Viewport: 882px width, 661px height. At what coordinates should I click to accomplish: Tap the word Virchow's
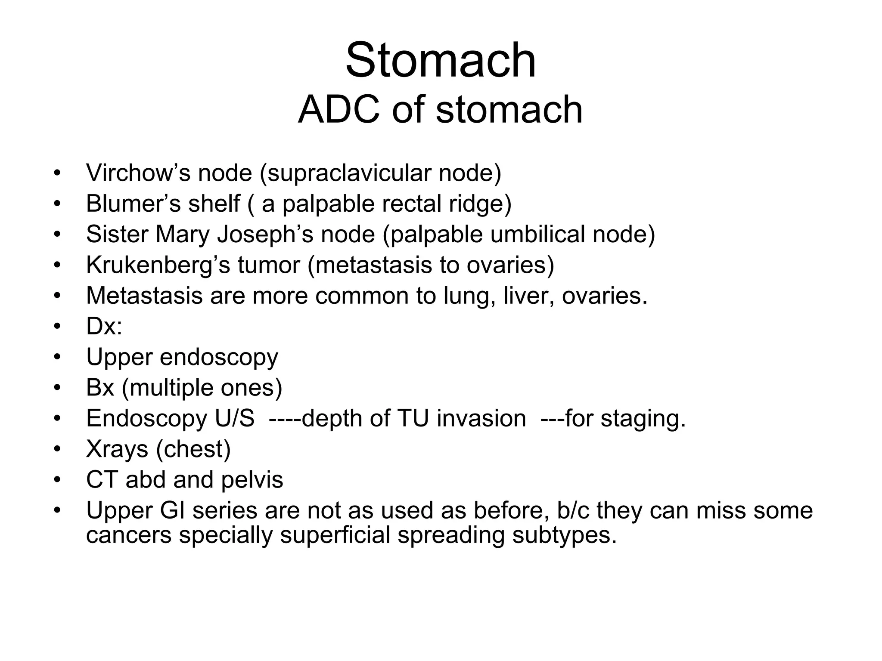pos(138,173)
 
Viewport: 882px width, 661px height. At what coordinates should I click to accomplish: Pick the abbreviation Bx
pos(100,388)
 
